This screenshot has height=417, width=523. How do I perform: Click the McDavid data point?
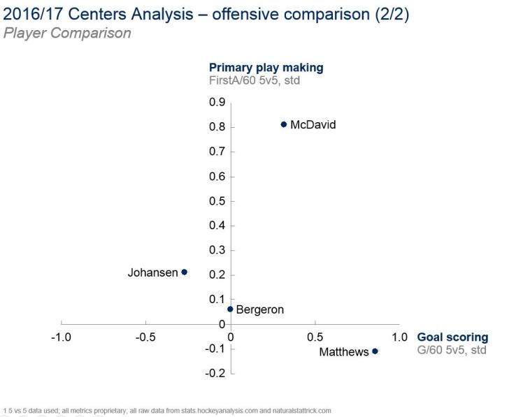[x=284, y=124]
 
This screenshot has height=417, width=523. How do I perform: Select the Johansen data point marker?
[x=185, y=272]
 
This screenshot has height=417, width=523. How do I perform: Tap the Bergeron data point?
[x=230, y=309]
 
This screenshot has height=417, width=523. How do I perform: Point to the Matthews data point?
[x=375, y=351]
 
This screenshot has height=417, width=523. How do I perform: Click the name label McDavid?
[x=313, y=125]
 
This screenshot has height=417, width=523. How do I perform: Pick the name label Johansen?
[x=152, y=273]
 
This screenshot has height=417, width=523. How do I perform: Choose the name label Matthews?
[x=343, y=352]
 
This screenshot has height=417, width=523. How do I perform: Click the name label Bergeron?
[x=260, y=309]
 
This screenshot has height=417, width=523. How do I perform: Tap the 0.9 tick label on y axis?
[x=217, y=103]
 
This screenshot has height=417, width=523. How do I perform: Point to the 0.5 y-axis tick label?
[x=217, y=201]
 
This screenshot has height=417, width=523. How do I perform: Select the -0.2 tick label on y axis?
[x=216, y=374]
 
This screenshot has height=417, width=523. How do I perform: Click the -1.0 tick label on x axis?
[x=62, y=337]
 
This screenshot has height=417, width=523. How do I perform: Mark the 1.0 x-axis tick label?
[x=399, y=337]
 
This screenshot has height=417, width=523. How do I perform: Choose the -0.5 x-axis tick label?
[x=145, y=337]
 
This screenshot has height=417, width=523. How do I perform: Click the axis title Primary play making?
[x=266, y=68]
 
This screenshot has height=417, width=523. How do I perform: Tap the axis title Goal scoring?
[x=452, y=337]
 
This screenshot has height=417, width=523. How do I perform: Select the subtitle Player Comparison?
[x=67, y=33]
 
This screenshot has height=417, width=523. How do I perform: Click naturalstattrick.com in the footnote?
[x=296, y=411]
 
